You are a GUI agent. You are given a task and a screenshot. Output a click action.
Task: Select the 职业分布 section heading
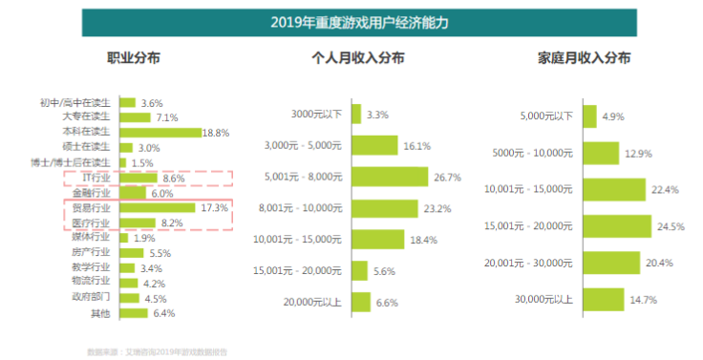[133, 58]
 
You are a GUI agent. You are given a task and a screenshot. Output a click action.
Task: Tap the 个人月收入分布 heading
[358, 58]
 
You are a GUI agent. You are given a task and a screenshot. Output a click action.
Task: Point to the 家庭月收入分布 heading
[584, 58]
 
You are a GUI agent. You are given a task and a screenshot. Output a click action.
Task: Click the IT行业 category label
[98, 178]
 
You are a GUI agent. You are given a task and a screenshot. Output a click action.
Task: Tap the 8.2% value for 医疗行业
[173, 222]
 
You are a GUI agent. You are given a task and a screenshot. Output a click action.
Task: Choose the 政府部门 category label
[95, 297]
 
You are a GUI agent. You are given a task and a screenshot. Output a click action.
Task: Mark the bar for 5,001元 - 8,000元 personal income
[390, 177]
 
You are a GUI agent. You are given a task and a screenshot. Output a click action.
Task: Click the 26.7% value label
[447, 177]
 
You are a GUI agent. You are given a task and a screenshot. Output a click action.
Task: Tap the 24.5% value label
[667, 226]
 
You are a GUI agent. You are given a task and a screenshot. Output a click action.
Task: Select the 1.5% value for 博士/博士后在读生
[142, 162]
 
